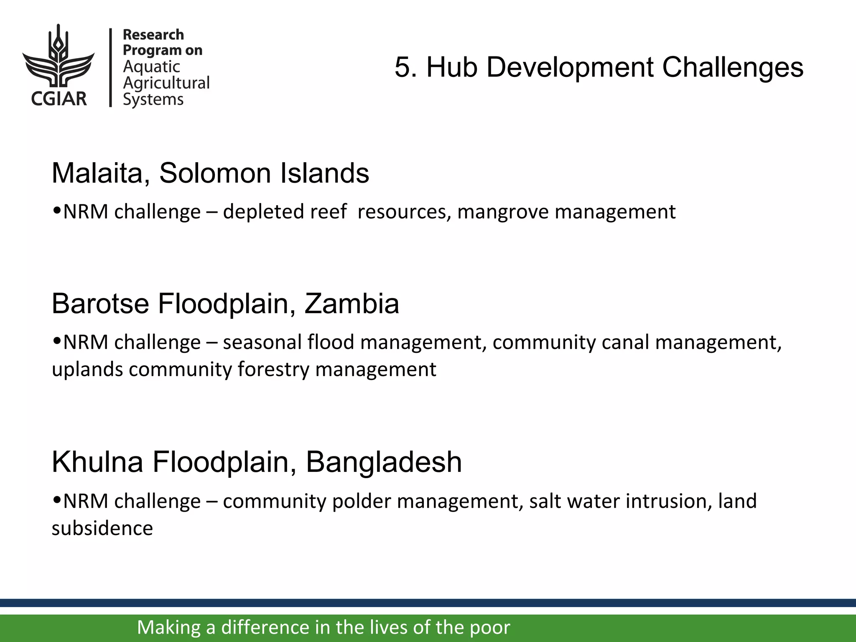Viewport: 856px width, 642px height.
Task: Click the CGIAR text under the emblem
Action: (59, 99)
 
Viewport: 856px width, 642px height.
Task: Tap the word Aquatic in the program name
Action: (151, 67)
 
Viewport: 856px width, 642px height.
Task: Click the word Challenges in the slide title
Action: (732, 67)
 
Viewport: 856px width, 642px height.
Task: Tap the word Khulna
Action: (97, 462)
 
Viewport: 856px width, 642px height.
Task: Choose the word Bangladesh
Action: (384, 462)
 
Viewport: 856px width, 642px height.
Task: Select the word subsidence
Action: (102, 528)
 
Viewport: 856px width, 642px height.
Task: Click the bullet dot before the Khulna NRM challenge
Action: (58, 500)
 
